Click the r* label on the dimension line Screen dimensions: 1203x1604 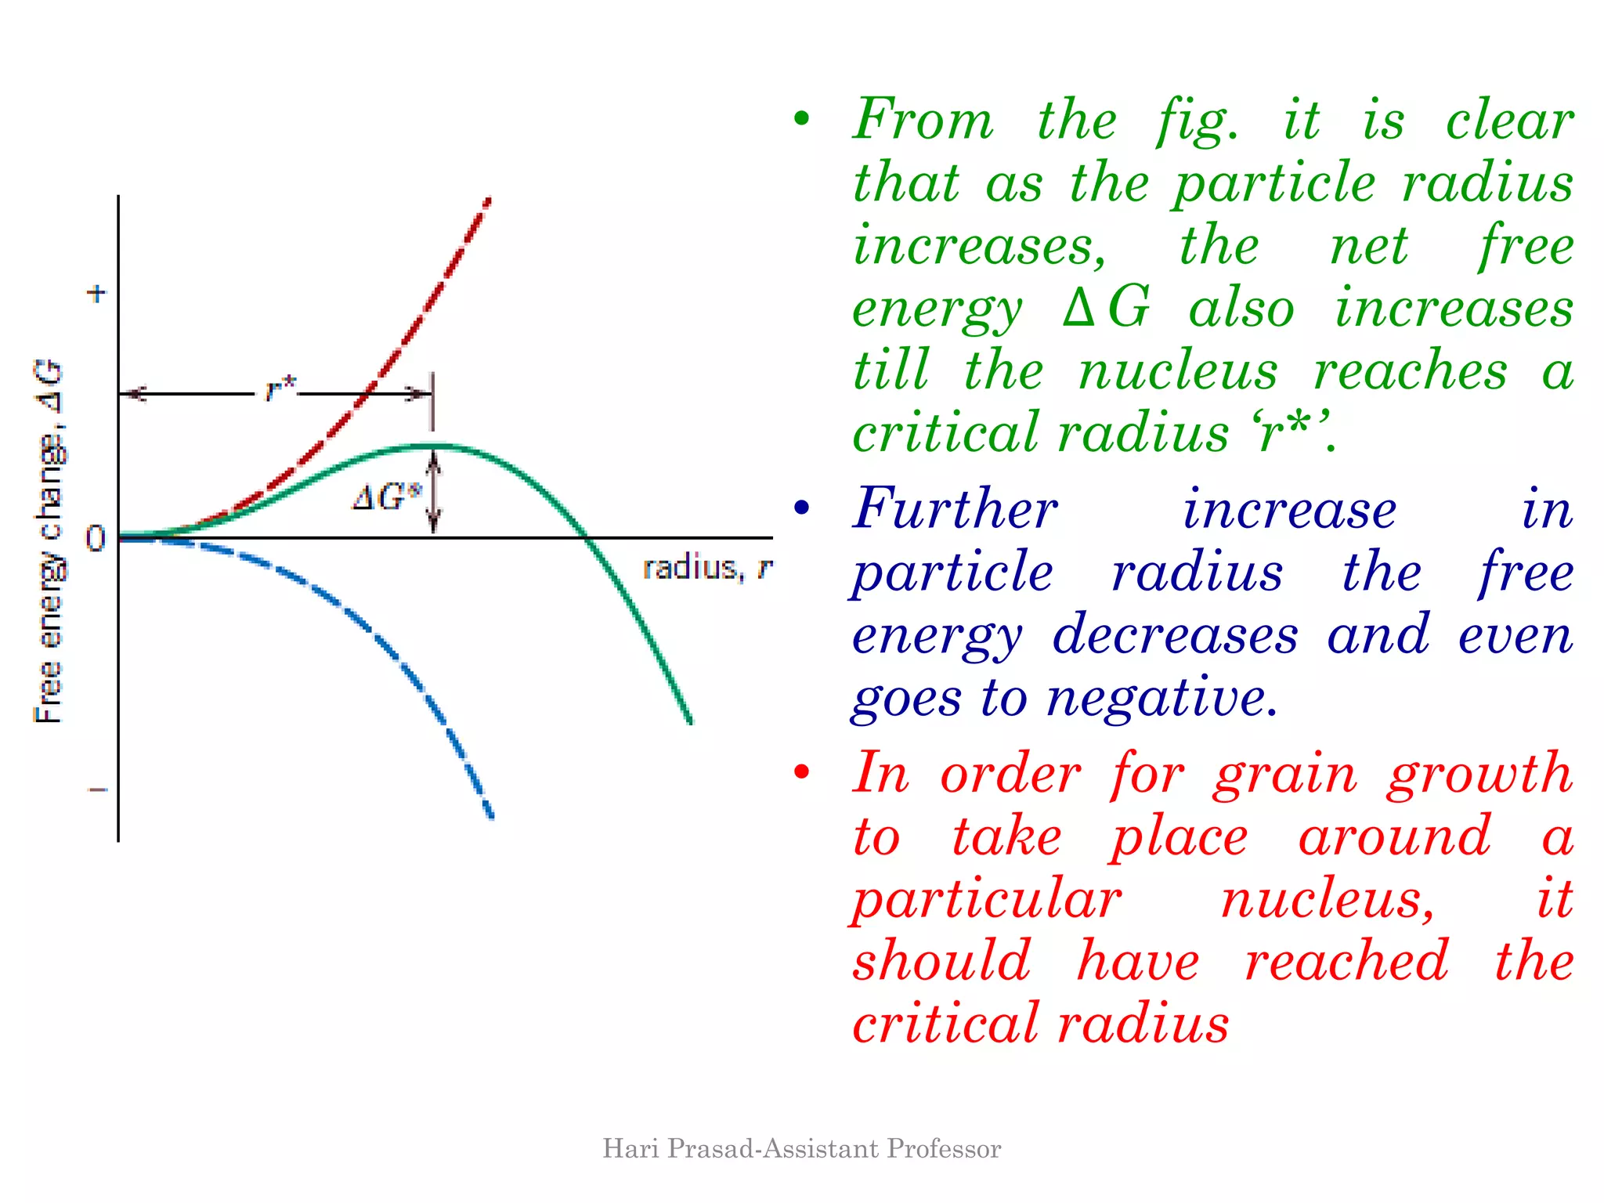(x=280, y=388)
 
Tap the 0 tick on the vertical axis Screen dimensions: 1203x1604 (x=95, y=538)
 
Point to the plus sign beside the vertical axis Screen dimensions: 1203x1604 (x=96, y=294)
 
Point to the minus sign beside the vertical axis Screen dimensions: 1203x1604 (x=97, y=789)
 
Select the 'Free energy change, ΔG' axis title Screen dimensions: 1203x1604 (x=49, y=540)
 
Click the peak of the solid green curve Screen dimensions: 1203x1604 (x=435, y=446)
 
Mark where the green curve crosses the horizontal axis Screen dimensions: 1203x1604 (x=587, y=538)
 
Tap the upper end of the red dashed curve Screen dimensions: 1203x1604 (x=487, y=202)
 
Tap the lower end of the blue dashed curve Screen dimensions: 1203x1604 (x=491, y=816)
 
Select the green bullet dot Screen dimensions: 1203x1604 (x=800, y=119)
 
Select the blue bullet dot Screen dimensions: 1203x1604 (x=800, y=508)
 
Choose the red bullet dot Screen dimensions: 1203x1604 (x=800, y=772)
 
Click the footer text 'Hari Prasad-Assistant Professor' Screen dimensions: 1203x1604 (x=802, y=1149)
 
